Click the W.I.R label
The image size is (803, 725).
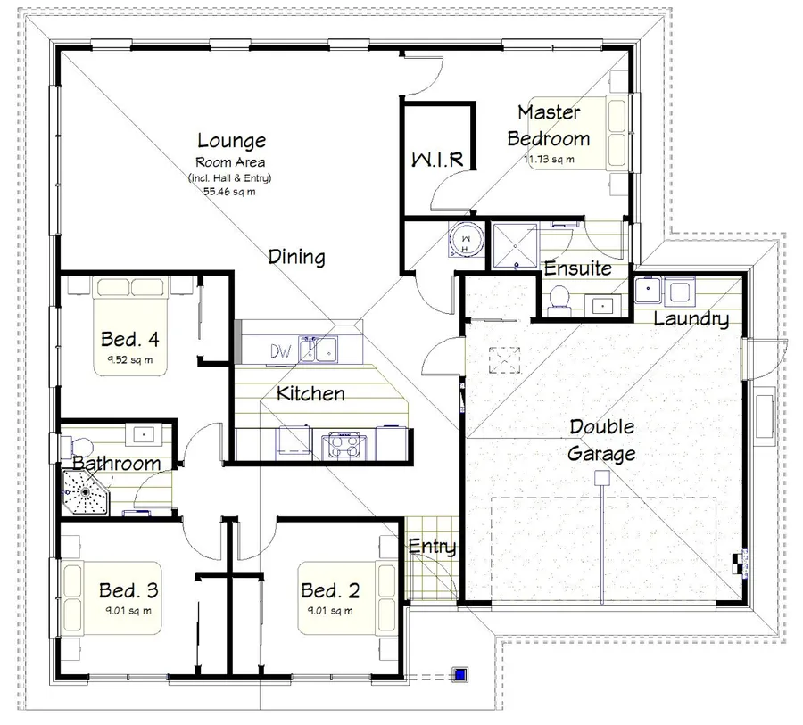click(438, 160)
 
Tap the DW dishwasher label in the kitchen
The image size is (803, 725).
click(281, 351)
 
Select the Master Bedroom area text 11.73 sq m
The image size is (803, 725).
click(549, 160)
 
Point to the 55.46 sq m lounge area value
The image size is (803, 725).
click(229, 192)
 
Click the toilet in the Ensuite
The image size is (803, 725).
click(559, 300)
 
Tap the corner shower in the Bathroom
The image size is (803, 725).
click(85, 492)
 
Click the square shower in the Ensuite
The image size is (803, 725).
click(515, 245)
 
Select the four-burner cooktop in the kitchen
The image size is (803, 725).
click(344, 444)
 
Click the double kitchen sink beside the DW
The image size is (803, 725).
click(319, 350)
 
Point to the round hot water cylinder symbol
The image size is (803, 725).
click(466, 240)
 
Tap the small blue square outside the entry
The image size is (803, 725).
click(460, 674)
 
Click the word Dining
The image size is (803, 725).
click(296, 257)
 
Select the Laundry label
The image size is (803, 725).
click(691, 319)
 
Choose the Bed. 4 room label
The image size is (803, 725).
click(130, 339)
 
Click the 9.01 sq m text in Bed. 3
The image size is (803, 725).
click(128, 611)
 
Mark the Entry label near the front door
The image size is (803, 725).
click(432, 547)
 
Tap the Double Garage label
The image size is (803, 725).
click(601, 441)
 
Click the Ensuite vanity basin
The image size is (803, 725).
click(603, 306)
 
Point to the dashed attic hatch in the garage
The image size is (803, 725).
click(504, 360)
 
